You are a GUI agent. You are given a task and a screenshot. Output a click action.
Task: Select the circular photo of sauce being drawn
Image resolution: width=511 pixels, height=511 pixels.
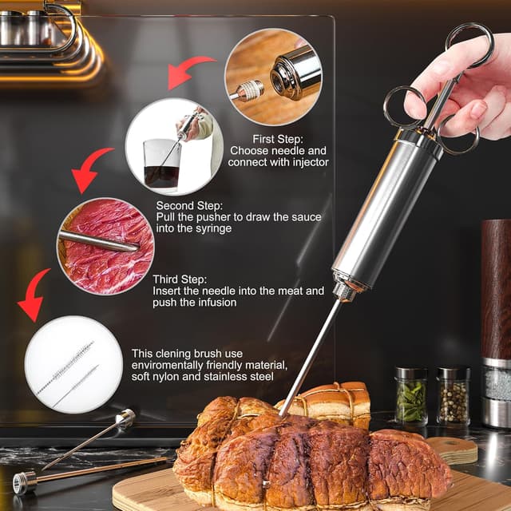[x=174, y=146]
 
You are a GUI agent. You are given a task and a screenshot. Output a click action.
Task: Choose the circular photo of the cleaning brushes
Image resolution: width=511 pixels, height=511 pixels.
[x=73, y=365]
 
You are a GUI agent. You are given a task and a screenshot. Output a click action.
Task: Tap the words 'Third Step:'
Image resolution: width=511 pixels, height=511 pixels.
[x=180, y=279]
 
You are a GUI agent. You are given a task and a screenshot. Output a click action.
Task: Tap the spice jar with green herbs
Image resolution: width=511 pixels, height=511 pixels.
[x=411, y=395]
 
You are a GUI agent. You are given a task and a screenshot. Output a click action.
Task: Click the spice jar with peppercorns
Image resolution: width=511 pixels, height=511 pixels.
[x=453, y=395]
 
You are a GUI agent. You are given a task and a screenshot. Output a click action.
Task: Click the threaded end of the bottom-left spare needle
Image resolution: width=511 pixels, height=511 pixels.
[x=23, y=482]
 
